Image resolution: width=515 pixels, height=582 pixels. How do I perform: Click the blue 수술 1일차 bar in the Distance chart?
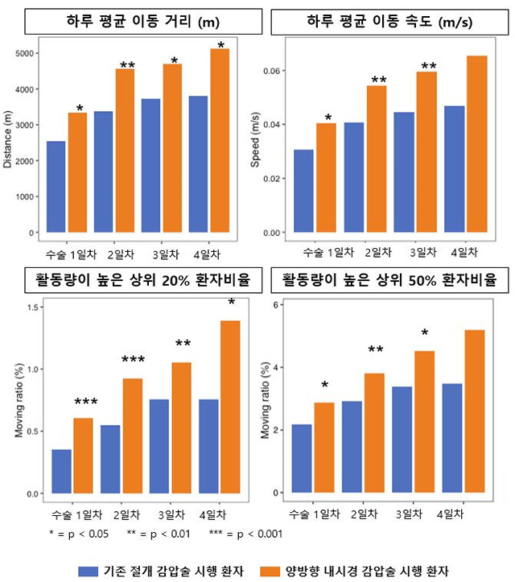pyautogui.click(x=56, y=187)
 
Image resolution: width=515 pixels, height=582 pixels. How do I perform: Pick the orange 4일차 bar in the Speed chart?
pyautogui.click(x=476, y=144)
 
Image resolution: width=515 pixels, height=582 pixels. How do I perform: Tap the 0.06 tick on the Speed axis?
pyautogui.click(x=275, y=71)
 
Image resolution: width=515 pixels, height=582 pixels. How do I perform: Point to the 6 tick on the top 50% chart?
pyautogui.click(x=276, y=305)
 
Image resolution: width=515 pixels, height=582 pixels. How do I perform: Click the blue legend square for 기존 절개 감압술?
pyautogui.click(x=89, y=570)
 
